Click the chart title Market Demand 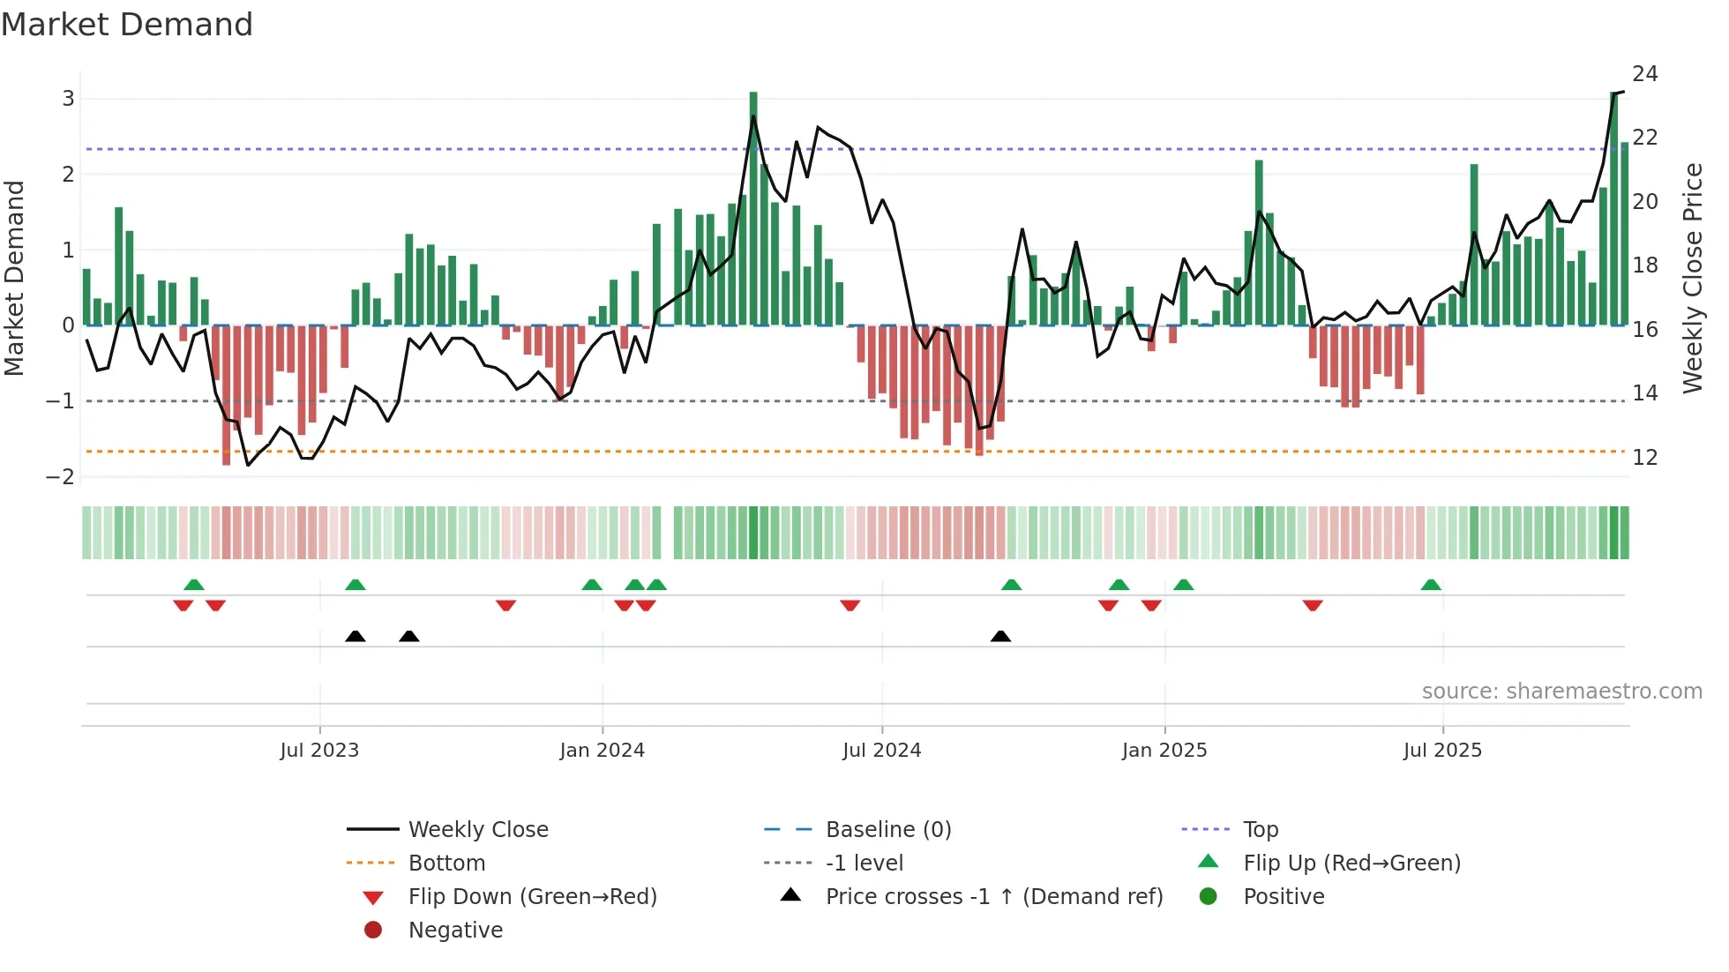pos(127,25)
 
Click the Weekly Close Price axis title pos(1692,278)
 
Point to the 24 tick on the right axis pos(1644,74)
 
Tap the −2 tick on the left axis pos(61,477)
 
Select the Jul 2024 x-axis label pos(881,751)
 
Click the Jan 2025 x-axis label pos(1164,751)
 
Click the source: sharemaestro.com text pos(1561,692)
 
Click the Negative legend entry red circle pos(373,931)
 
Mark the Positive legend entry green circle pos(1209,897)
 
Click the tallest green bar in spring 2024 pos(753,208)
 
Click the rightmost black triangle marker pos(1000,637)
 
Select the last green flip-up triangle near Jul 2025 pos(1431,585)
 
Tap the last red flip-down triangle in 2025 pos(1313,605)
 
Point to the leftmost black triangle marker pos(356,637)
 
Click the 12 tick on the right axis pos(1644,458)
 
